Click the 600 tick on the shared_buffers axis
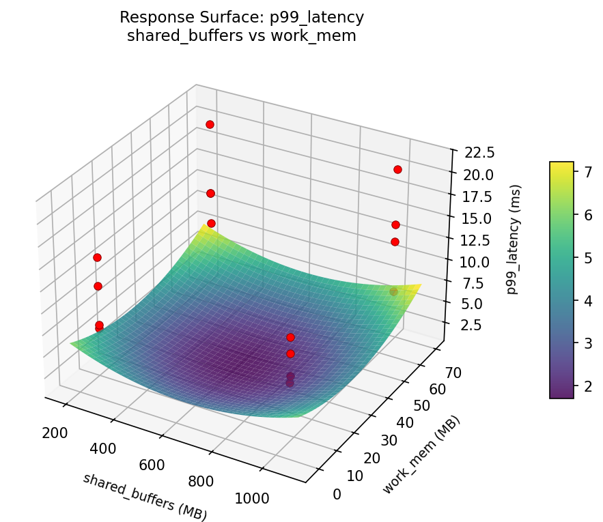[152, 465]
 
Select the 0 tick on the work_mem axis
[337, 494]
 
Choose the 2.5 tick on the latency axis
[469, 325]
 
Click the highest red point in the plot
[210, 124]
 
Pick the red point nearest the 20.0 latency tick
[397, 169]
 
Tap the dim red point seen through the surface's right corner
[393, 292]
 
